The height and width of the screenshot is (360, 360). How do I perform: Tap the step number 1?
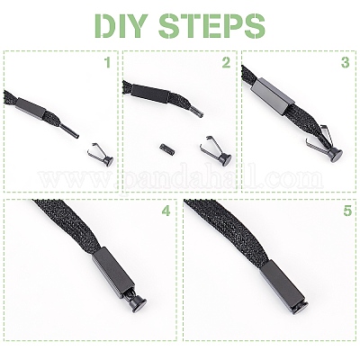[107, 63]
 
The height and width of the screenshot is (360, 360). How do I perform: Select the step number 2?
[226, 63]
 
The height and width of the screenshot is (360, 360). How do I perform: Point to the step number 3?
[346, 63]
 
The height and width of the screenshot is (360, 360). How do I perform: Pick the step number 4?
[166, 211]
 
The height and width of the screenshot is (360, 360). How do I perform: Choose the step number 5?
[347, 211]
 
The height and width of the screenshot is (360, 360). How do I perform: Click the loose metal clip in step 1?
[101, 154]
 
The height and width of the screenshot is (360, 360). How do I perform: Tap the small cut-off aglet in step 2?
[164, 148]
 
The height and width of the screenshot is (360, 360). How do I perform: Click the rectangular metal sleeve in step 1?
[31, 106]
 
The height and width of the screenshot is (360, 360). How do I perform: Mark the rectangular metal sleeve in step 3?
[273, 97]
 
